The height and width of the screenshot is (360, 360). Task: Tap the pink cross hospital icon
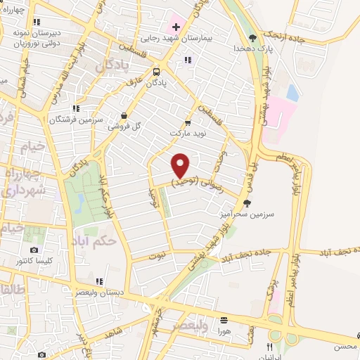176,27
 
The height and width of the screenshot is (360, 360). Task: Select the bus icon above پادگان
155,71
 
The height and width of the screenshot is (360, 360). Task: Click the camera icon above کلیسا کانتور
34,250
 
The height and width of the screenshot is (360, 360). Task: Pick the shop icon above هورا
224,319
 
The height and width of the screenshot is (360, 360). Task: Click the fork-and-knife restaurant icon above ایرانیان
269,347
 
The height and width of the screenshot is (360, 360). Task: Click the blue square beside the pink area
292,92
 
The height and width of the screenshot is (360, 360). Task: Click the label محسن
347,347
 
